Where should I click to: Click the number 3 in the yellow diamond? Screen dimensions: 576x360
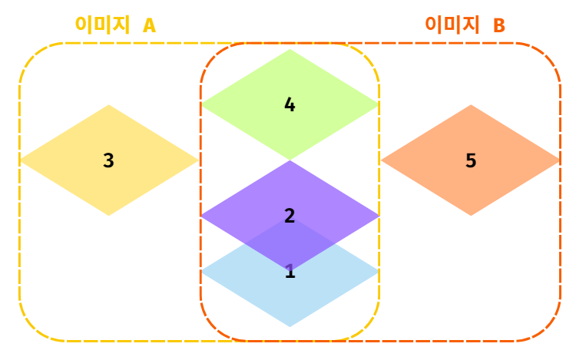pos(108,160)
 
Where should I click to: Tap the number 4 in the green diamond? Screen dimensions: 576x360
pos(290,104)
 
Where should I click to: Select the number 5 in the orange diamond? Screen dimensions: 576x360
pos(471,160)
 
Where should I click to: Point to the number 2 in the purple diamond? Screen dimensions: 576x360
pos(290,216)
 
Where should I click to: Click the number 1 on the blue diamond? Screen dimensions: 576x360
pos(290,272)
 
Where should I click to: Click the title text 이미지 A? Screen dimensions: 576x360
pos(115,25)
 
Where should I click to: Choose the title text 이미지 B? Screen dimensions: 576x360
pos(465,25)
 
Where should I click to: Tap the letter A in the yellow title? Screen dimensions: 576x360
pos(149,25)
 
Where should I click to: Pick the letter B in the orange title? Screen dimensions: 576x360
pos(499,25)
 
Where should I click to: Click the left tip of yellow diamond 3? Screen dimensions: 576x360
pos(21,160)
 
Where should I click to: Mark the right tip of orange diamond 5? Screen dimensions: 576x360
pos(559,160)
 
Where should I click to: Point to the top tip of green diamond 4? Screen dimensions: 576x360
pos(290,50)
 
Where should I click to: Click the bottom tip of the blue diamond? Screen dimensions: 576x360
pos(290,326)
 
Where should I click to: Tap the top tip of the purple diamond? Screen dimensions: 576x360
pos(290,161)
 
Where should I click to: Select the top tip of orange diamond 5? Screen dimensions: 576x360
pos(471,106)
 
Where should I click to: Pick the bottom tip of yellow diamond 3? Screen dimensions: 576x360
pos(108,215)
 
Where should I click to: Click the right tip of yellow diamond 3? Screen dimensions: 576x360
pos(197,160)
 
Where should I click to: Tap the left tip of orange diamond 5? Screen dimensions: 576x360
pos(382,160)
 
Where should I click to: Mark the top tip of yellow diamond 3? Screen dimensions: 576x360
pos(108,106)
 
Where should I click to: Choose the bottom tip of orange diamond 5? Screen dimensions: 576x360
pos(471,215)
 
